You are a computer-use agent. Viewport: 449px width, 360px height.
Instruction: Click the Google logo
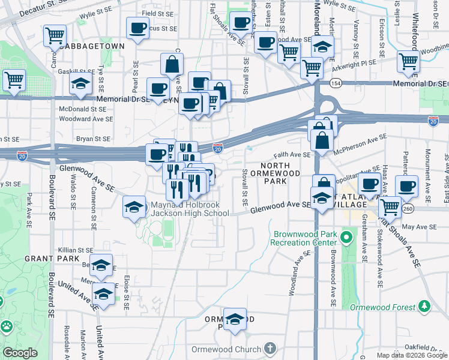[20, 352]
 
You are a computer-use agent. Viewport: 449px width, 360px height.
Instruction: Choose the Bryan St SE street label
[93, 139]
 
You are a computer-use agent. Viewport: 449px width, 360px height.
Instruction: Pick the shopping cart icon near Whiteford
[408, 60]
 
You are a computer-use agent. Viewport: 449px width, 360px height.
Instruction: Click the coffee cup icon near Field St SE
[137, 27]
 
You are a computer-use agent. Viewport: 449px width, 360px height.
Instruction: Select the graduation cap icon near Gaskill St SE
[80, 85]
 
